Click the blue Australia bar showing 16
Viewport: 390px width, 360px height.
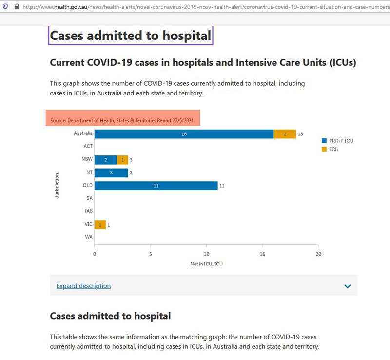[184, 134]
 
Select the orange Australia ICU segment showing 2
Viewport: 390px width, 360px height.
[285, 134]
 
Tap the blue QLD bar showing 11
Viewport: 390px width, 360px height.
[156, 186]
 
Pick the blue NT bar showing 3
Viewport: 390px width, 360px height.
[111, 172]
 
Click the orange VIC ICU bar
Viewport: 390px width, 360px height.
[100, 225]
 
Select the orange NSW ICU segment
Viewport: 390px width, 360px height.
[122, 159]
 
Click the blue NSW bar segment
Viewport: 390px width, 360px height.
[106, 159]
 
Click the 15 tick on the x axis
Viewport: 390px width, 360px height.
[263, 254]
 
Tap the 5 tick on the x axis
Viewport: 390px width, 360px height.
[151, 254]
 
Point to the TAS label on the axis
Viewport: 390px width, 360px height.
[88, 211]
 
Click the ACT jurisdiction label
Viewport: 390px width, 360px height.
[88, 146]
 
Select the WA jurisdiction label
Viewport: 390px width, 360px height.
[88, 237]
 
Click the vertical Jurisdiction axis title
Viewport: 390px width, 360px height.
[57, 186]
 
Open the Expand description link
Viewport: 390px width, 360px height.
[83, 286]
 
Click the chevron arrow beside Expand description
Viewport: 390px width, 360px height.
[348, 286]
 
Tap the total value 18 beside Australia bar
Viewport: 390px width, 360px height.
[301, 134]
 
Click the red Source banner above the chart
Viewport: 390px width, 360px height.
[123, 118]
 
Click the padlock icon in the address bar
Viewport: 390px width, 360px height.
[17, 7]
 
